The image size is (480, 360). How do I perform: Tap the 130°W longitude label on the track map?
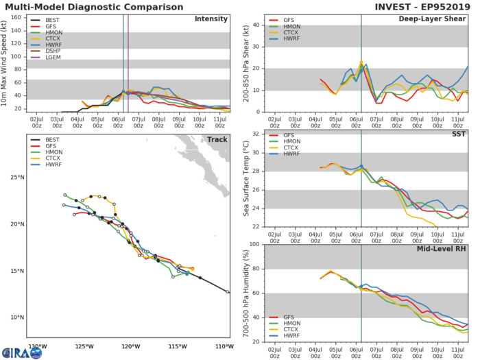[x=37, y=346]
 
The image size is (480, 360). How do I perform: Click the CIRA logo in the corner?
[x=21, y=349]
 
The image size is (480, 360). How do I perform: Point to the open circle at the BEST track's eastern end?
[x=228, y=292]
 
